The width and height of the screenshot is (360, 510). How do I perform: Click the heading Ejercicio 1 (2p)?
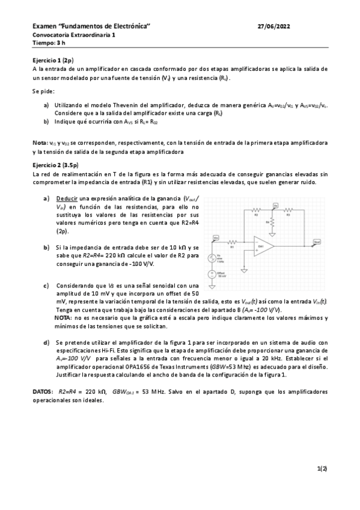tap(53, 61)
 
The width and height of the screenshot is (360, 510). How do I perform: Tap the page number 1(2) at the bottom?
tap(322, 467)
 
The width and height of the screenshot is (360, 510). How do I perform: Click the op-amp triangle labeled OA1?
tap(262, 247)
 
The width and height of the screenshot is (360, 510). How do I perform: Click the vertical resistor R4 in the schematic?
tap(273, 223)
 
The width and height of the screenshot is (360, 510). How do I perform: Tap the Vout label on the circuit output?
tap(316, 242)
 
